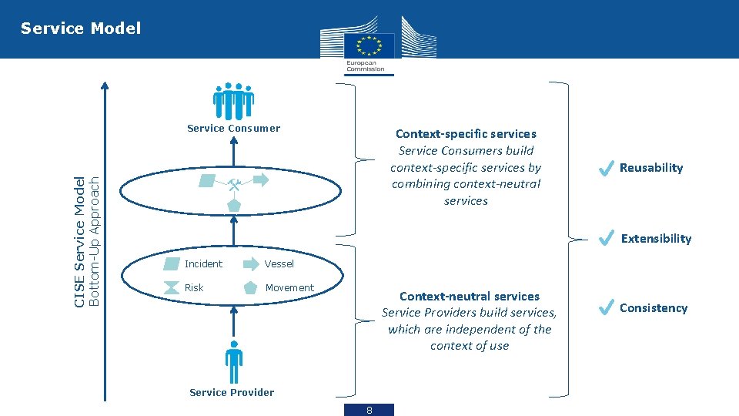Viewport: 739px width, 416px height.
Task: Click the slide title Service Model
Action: click(81, 29)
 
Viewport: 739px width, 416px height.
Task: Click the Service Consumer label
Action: click(233, 129)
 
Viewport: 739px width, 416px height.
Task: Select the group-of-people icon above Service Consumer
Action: click(233, 101)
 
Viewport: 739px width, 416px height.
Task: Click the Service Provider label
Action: click(232, 392)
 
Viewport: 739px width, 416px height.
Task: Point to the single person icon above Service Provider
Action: click(233, 361)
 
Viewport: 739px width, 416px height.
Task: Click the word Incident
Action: click(203, 263)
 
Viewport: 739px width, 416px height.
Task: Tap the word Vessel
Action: click(279, 263)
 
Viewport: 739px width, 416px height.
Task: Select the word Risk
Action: click(194, 287)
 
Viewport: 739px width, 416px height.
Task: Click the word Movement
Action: click(289, 287)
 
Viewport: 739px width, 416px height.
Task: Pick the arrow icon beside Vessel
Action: click(252, 263)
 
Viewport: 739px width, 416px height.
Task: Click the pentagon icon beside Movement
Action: click(251, 288)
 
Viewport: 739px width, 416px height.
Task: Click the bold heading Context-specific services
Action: click(466, 134)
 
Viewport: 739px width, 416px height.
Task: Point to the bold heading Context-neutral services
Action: click(470, 296)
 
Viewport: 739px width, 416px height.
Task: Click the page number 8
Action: click(369, 410)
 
